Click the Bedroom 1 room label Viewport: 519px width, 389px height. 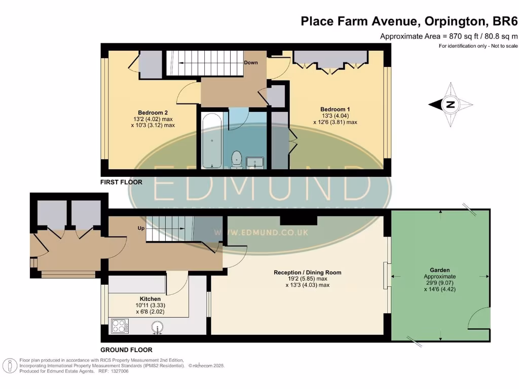[x=335, y=109]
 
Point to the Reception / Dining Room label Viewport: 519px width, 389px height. [x=307, y=273]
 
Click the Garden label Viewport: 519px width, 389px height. [x=439, y=270]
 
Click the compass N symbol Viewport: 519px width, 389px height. [x=450, y=105]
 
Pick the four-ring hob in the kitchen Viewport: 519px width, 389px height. [x=120, y=326]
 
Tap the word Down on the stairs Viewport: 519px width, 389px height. [x=251, y=63]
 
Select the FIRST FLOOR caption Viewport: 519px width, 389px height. [x=121, y=182]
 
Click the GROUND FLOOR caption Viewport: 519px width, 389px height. [x=126, y=350]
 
